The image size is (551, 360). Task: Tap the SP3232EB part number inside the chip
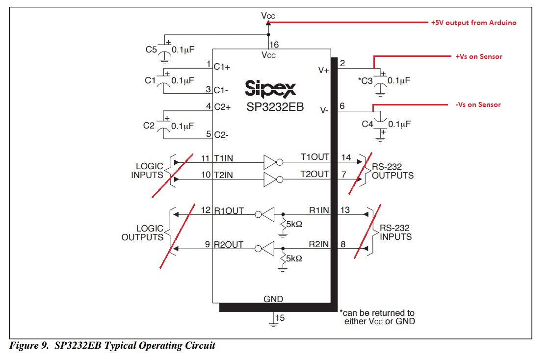coord(275,107)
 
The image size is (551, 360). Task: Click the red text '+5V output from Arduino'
coord(473,23)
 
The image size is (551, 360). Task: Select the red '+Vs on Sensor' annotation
coord(479,56)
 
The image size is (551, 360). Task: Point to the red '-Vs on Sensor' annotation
coord(478,104)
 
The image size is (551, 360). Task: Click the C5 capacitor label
coord(151,49)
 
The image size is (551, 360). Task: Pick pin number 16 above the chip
coord(274,45)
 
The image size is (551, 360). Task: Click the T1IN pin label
coord(224,158)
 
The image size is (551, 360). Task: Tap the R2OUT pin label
coord(228,244)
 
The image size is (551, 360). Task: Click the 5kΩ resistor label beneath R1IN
coord(293,225)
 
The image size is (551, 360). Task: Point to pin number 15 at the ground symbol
coord(279,318)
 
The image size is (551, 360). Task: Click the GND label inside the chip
coord(273,299)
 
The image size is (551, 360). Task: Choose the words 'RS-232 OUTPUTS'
coord(393,171)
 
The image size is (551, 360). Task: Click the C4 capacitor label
coord(367,124)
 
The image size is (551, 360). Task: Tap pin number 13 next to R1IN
coord(345,210)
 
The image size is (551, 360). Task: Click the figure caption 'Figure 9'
coord(31,346)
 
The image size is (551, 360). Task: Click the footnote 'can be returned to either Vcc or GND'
coord(377,317)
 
